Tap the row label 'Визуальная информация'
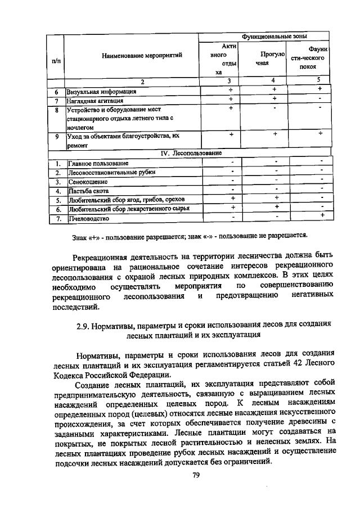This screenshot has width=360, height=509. click(101, 91)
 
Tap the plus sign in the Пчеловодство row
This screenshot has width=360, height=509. click(321, 215)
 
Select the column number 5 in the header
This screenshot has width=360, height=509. click(318, 80)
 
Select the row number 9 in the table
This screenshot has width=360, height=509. click(57, 136)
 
